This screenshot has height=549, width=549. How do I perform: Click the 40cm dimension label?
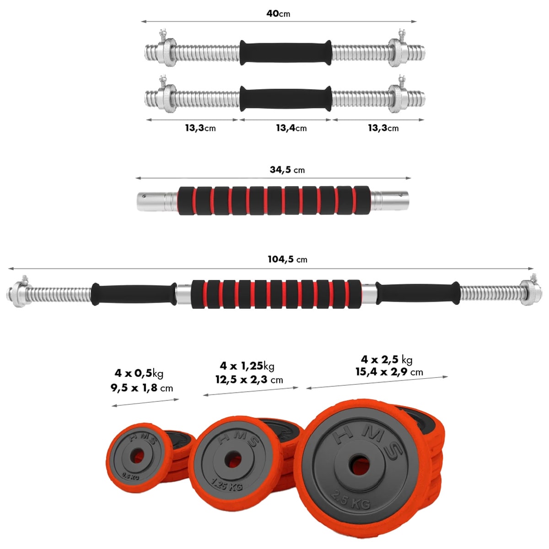pyautogui.click(x=278, y=13)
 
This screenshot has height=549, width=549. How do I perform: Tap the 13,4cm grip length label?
pyautogui.click(x=291, y=128)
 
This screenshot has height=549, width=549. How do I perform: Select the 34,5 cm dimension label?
pyautogui.click(x=287, y=170)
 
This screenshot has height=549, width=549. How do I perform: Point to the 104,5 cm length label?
pyautogui.click(x=287, y=259)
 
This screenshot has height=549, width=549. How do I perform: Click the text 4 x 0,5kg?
pyautogui.click(x=139, y=373)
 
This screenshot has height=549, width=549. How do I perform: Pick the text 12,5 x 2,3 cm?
pyautogui.click(x=249, y=380)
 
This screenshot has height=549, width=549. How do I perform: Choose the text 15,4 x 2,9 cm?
pyautogui.click(x=389, y=372)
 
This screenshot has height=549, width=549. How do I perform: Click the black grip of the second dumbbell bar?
pyautogui.click(x=285, y=97)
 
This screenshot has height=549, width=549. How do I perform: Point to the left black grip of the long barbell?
pyautogui.click(x=134, y=294)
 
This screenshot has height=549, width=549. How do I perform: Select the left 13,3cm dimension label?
pyautogui.click(x=200, y=128)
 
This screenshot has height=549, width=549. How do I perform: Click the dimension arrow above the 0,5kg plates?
pyautogui.click(x=145, y=402)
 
